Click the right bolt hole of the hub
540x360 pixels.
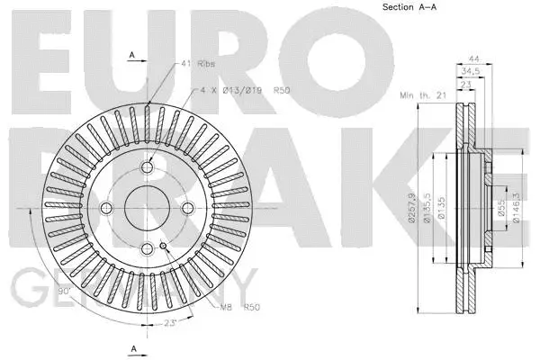coord(184,209)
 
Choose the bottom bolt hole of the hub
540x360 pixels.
coord(146,247)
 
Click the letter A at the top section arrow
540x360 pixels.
coord(131,56)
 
